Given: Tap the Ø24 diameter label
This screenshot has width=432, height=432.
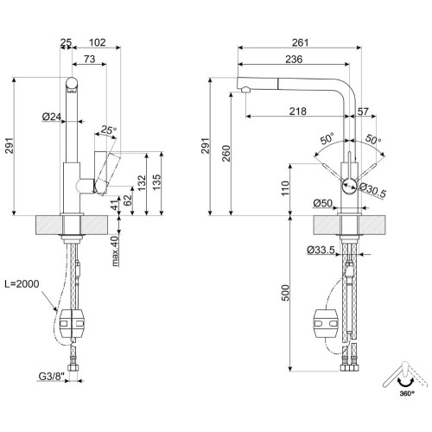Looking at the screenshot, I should tap(50, 117).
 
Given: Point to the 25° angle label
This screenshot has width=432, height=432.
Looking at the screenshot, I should tap(107, 130).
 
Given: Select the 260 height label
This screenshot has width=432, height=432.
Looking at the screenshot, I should tap(226, 153).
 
